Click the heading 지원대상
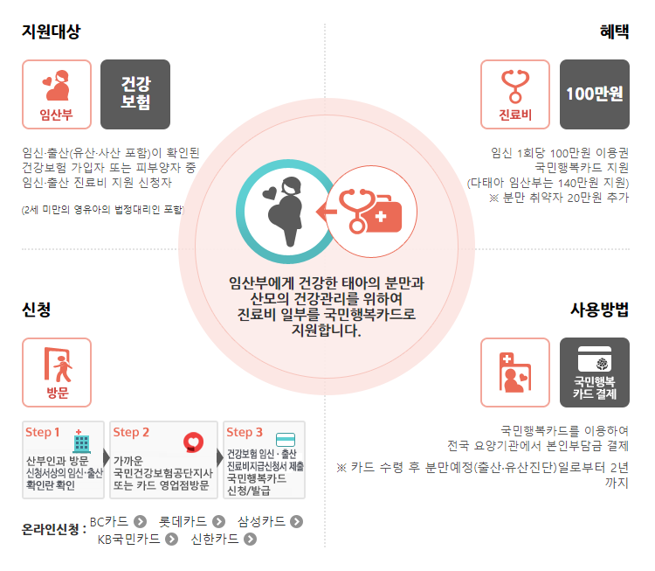pos(52,32)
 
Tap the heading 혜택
pos(613,32)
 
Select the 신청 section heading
pos(37,310)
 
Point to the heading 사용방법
pos(599,310)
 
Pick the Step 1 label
pos(43,432)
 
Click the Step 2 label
pos(131,432)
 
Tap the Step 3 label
pos(245,432)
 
